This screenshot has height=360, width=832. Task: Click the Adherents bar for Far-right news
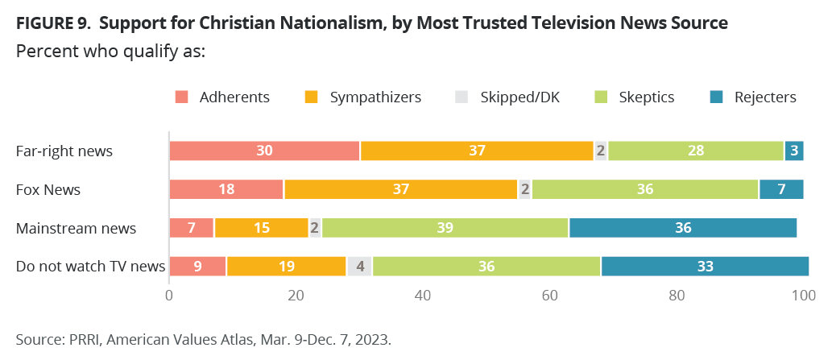tap(264, 151)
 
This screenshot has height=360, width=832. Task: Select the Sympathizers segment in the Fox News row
tap(400, 189)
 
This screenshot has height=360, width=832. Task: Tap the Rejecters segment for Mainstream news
tap(683, 228)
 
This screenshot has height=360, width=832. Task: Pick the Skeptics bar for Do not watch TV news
tap(486, 266)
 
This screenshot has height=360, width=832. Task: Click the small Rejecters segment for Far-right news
tap(794, 151)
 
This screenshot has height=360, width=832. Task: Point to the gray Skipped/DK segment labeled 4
tap(358, 266)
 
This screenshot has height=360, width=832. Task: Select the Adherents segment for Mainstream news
tap(192, 228)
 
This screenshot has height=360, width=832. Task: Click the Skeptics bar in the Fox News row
tap(645, 189)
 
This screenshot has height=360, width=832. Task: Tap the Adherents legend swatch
tap(181, 97)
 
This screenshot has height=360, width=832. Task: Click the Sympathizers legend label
tap(375, 97)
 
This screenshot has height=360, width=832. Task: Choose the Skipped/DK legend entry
tap(518, 97)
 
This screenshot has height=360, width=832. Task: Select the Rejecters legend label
tap(765, 97)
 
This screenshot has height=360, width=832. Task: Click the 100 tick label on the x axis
tap(804, 296)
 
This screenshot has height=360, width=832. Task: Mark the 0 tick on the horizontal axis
tap(169, 296)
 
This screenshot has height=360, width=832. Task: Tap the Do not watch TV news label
tap(90, 266)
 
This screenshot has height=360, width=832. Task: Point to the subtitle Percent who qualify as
tap(110, 51)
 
